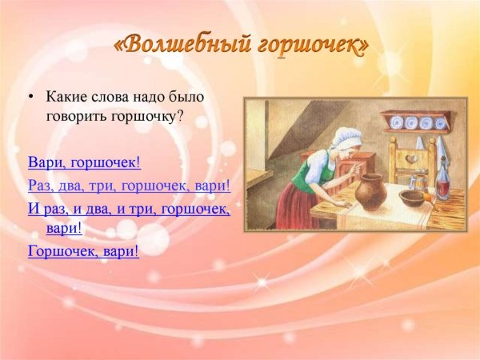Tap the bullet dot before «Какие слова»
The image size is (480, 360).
click(x=30, y=97)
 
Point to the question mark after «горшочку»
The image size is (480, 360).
click(x=179, y=115)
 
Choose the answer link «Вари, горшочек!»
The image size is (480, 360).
click(x=85, y=162)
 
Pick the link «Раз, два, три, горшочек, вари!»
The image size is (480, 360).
click(x=129, y=186)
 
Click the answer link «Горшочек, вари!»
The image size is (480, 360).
click(x=83, y=251)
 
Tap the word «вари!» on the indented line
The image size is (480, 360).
click(x=64, y=228)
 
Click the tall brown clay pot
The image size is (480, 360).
click(x=372, y=192)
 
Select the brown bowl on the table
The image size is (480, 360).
click(x=411, y=198)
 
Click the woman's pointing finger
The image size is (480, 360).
click(x=358, y=167)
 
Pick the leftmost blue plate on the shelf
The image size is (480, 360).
click(x=395, y=122)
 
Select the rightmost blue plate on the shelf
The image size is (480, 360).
click(x=440, y=123)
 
